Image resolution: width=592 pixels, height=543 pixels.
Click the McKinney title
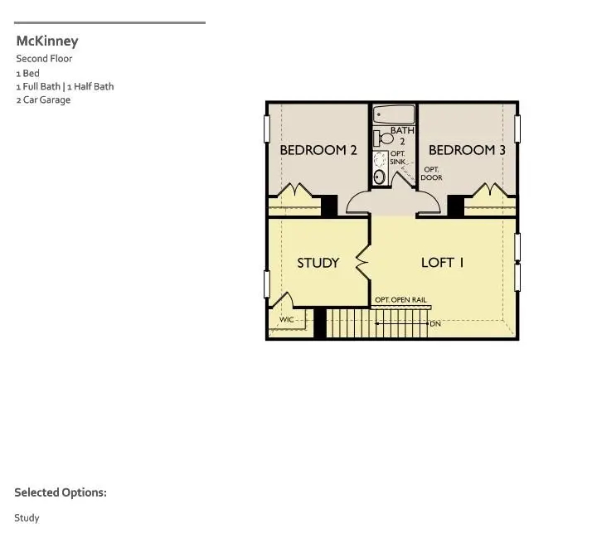click(47, 41)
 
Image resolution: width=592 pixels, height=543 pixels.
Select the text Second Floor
click(44, 59)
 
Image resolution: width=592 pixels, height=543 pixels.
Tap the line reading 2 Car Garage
click(43, 100)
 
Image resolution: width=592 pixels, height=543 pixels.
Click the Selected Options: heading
click(61, 492)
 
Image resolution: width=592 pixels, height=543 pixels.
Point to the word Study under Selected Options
click(27, 518)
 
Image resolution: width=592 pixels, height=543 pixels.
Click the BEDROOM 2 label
click(318, 150)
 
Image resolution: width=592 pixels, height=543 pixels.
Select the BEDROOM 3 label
click(467, 150)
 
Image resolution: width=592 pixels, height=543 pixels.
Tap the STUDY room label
click(318, 263)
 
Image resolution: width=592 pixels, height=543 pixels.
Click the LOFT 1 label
click(442, 263)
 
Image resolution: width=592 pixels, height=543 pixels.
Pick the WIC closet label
click(287, 319)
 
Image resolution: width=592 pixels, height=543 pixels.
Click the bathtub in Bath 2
click(394, 115)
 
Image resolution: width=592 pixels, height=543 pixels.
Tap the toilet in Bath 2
click(383, 138)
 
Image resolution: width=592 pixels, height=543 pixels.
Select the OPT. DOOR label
click(431, 173)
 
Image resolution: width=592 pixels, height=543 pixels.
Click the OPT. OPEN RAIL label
click(401, 300)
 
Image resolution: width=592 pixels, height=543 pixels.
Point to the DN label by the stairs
click(435, 323)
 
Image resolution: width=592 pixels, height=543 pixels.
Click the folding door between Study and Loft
click(362, 262)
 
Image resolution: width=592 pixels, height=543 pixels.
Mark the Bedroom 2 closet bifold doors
click(294, 192)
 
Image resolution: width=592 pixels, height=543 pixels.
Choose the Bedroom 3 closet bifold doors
click(489, 192)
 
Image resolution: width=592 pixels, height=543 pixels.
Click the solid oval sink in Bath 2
click(380, 176)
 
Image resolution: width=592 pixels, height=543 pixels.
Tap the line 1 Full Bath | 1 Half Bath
click(65, 86)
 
